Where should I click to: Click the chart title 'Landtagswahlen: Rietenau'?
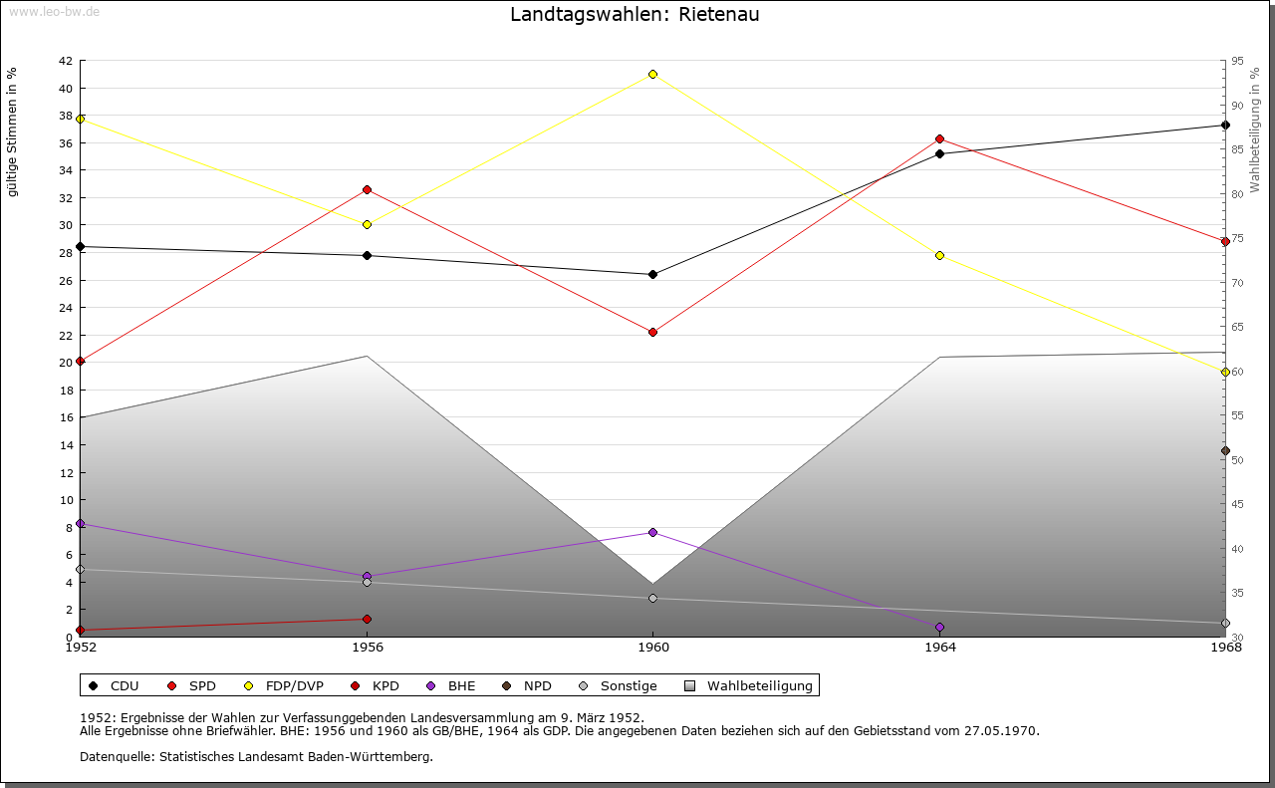[x=635, y=15]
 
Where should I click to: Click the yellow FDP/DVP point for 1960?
[x=652, y=74]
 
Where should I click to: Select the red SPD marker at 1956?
[x=367, y=189]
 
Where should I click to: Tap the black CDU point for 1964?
[x=939, y=153]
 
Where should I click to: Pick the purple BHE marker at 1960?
[x=652, y=532]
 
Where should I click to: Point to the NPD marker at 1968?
[x=1225, y=450]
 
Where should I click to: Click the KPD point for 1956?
[x=367, y=619]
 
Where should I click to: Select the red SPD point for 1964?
[x=939, y=138]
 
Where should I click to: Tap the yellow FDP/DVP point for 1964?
[x=939, y=255]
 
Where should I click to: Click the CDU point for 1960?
[x=652, y=274]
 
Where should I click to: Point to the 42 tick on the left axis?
[x=65, y=61]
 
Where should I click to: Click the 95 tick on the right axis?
[x=1237, y=61]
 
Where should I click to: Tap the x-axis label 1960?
[x=652, y=648]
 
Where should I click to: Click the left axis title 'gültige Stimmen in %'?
[x=12, y=131]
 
